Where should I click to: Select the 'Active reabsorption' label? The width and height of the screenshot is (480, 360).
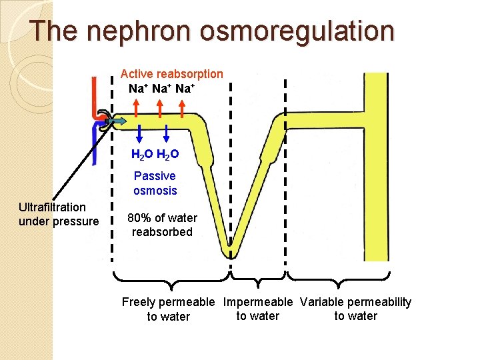(171, 73)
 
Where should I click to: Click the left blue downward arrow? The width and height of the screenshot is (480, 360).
(140, 133)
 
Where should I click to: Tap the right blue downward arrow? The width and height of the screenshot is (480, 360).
(166, 133)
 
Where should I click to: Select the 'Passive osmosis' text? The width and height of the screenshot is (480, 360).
(155, 183)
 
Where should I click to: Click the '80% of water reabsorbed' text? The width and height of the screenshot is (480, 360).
(162, 225)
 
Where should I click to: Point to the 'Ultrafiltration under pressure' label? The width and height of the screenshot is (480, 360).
(59, 215)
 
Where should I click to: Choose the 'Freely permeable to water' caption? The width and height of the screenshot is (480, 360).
(168, 309)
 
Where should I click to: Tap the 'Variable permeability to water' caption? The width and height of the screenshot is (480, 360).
(355, 309)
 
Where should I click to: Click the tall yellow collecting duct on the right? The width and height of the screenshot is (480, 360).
(379, 167)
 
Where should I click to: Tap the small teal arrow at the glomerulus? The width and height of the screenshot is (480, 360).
(117, 121)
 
